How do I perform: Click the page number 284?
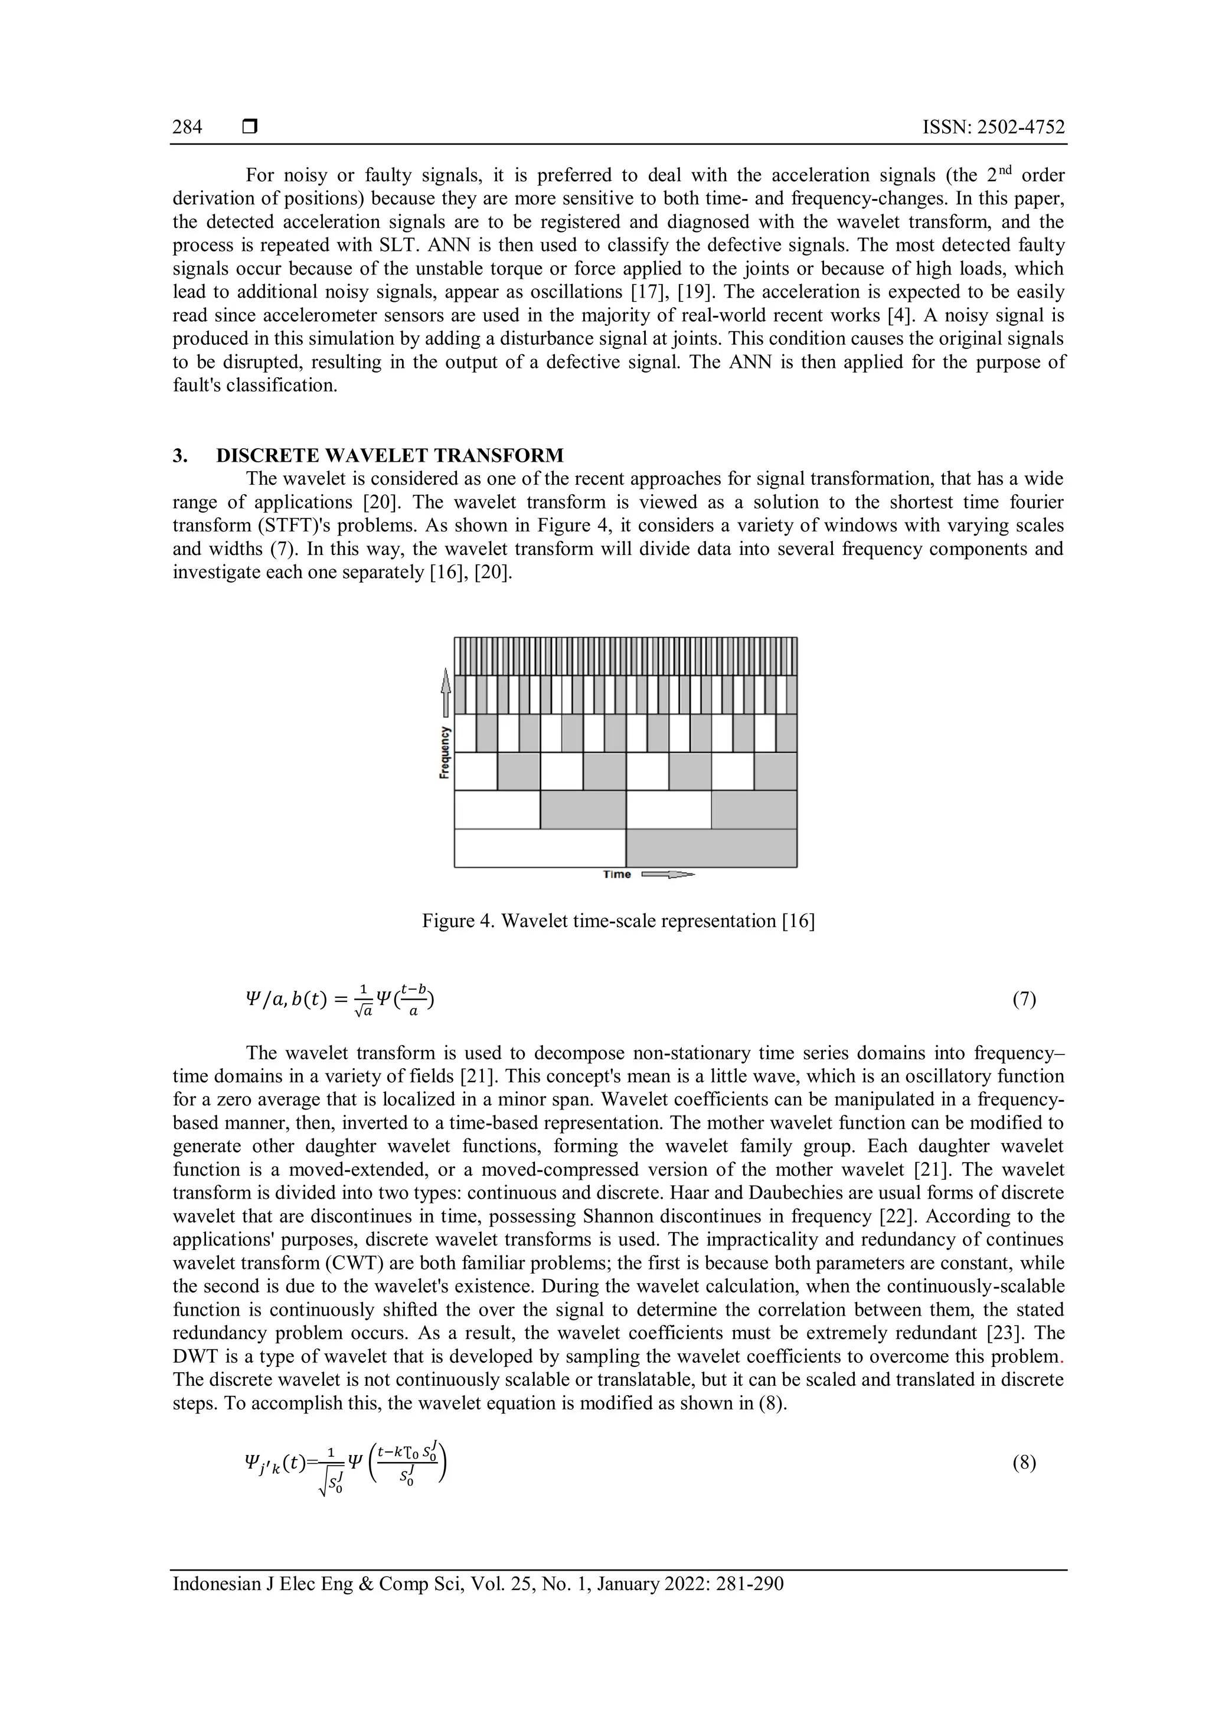pos(187,128)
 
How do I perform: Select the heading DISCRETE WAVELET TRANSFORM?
pos(390,455)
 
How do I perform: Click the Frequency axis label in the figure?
pos(445,752)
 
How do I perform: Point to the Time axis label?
pos(616,874)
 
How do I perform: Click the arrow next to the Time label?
pos(667,874)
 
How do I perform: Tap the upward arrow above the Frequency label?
pos(445,693)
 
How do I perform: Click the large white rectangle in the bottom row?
pos(540,849)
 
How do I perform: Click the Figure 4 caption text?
pos(618,921)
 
